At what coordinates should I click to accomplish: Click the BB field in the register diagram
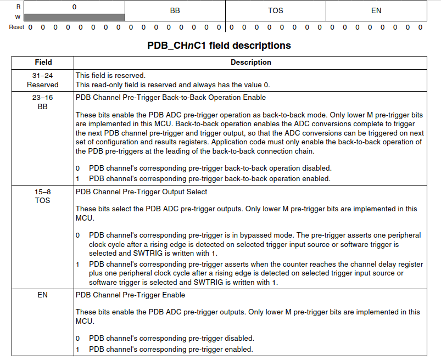pos(175,10)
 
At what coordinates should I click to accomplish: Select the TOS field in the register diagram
pos(276,10)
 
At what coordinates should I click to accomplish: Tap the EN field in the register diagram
pos(376,10)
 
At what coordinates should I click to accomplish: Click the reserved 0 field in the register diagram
pos(75,7)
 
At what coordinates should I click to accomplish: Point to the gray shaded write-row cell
pos(75,18)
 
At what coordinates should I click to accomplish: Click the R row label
pos(19,7)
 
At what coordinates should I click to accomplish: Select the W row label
pos(19,17)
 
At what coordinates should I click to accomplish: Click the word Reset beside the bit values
pos(16,27)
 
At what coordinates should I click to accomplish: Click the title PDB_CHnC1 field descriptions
pos(219,46)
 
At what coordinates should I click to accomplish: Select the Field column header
pos(43,63)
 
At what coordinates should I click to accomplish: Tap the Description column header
pos(251,63)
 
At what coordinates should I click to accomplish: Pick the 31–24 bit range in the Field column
pos(43,75)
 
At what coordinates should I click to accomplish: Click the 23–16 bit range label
pos(43,98)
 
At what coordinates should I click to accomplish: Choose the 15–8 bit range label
pos(43,192)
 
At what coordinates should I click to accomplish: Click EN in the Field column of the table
pos(43,295)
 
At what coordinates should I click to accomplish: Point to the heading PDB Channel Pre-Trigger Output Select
pos(141,192)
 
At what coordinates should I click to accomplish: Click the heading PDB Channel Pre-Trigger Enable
pos(130,295)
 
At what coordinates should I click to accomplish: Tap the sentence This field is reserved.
pos(110,75)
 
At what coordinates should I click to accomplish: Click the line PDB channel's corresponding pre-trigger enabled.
pos(171,349)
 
